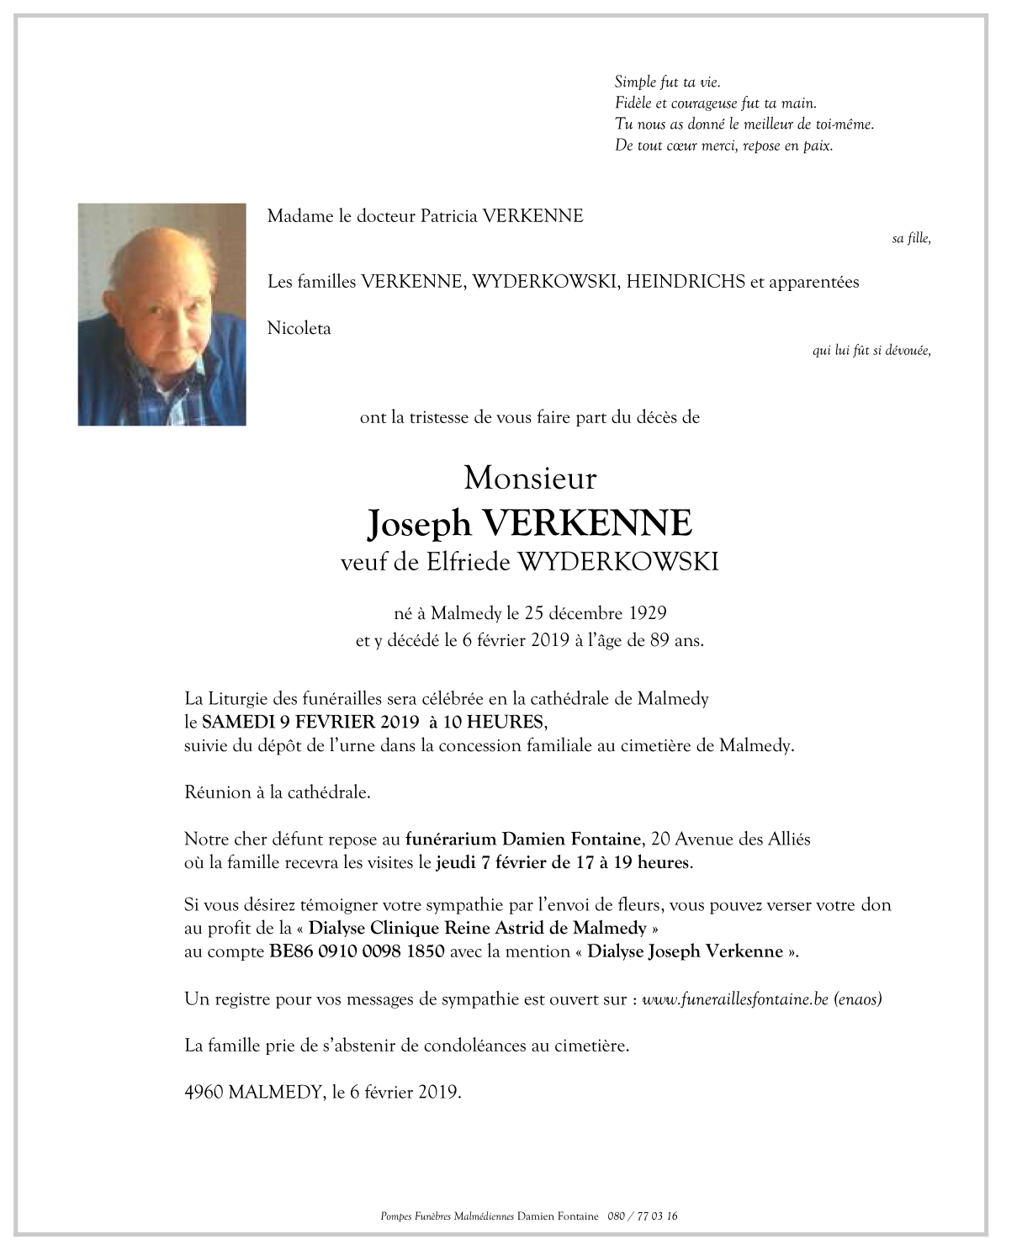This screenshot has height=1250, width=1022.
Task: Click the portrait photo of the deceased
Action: point(162,314)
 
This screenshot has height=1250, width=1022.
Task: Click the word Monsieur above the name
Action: point(530,478)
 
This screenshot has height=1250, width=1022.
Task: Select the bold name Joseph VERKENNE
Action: point(530,523)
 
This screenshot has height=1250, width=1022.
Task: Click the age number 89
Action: point(659,640)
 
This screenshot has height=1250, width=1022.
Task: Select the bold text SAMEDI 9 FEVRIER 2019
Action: point(310,722)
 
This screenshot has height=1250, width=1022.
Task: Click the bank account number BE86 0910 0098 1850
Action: point(357,951)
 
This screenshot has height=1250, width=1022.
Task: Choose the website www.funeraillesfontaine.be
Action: point(736,999)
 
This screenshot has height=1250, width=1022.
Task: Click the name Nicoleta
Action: point(299,328)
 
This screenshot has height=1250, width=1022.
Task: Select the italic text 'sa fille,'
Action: point(911,239)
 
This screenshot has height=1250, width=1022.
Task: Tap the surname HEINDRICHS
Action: point(686,282)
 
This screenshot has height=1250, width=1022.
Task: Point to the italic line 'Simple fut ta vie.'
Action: point(667,82)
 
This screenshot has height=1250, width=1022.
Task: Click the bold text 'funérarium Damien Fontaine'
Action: point(523,839)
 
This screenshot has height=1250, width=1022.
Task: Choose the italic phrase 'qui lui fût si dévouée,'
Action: point(871,351)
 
